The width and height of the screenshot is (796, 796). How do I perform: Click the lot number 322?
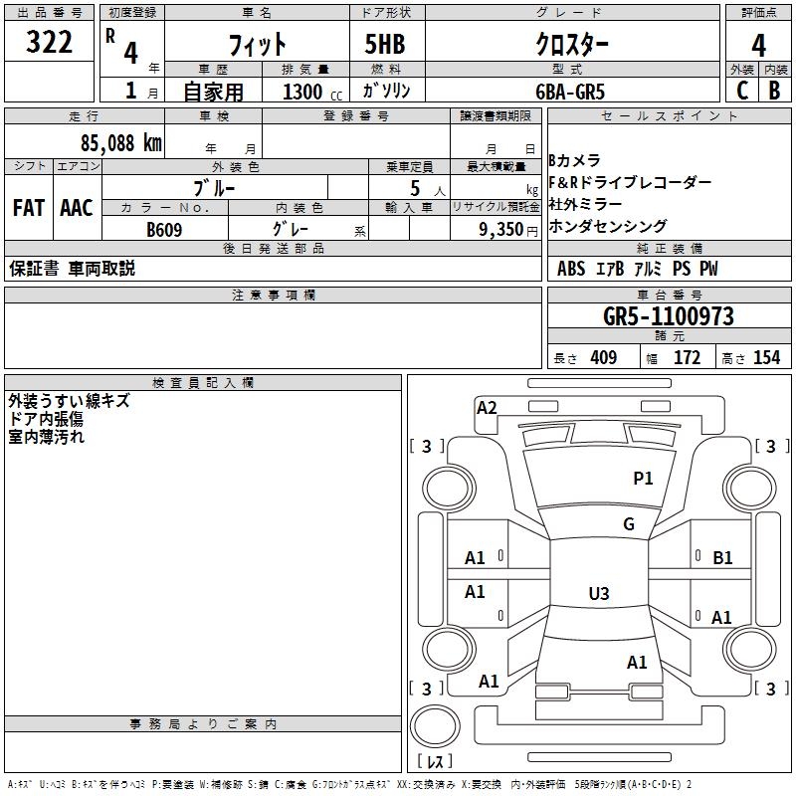point(49,44)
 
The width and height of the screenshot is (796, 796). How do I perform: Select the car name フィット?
point(258,45)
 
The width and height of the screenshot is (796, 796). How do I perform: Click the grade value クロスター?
point(572,45)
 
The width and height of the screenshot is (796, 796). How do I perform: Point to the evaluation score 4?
point(758,46)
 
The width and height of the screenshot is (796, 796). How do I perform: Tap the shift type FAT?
point(29,208)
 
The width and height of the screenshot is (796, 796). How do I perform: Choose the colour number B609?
point(164,230)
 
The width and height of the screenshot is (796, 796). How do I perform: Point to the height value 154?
point(766,358)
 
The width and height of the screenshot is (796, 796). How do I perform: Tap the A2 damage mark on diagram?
point(487,407)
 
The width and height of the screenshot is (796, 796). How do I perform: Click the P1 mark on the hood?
point(644,479)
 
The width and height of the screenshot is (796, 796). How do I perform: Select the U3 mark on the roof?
point(598,594)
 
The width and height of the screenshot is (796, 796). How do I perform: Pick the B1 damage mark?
point(722,558)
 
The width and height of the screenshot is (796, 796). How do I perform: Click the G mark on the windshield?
point(629,524)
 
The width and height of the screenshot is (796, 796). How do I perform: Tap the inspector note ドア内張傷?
point(46,419)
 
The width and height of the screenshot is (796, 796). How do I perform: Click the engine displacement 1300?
point(302,92)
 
